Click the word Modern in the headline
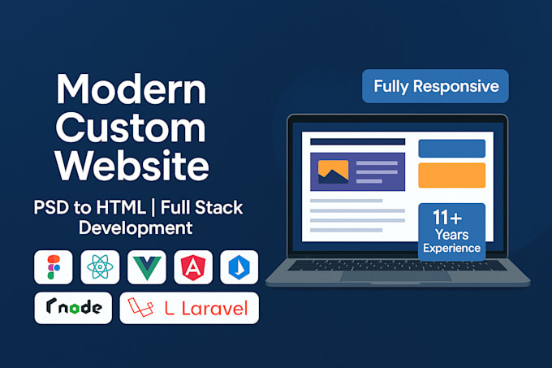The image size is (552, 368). (131, 89)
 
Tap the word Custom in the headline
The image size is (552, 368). (131, 127)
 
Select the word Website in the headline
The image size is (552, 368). (132, 165)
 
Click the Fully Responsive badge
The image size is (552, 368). (435, 86)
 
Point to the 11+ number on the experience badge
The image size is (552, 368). (447, 217)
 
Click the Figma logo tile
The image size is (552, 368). (54, 267)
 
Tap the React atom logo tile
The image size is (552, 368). (100, 267)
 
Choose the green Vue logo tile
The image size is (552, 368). (147, 267)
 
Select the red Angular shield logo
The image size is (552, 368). (193, 267)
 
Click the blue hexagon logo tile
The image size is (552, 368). (239, 267)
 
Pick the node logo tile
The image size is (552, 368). (73, 308)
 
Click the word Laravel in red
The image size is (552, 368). (215, 309)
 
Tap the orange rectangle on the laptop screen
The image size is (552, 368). (451, 175)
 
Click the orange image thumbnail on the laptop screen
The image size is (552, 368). (333, 171)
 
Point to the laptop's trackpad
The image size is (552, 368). (396, 276)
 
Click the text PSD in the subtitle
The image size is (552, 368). (51, 207)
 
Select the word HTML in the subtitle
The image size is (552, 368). (121, 207)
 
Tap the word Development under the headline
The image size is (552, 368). (136, 227)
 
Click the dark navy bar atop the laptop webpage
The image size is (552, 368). (358, 141)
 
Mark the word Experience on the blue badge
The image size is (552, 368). (451, 249)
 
